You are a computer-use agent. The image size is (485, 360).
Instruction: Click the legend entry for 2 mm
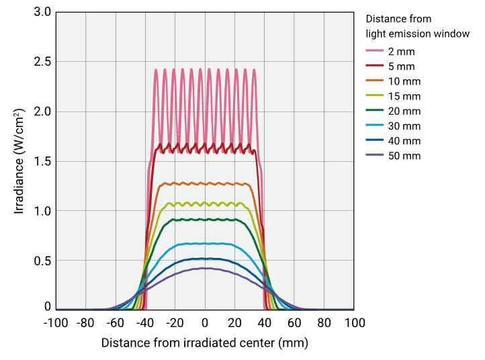tap(400, 52)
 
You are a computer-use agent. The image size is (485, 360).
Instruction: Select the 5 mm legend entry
tap(400, 66)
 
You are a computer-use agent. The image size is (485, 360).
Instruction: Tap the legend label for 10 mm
tap(403, 81)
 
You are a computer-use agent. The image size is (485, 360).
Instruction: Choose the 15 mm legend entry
tap(403, 96)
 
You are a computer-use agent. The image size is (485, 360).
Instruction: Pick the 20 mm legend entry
tap(403, 111)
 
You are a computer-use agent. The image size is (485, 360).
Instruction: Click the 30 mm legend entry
tap(403, 126)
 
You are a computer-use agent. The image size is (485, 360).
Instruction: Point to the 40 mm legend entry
tap(403, 141)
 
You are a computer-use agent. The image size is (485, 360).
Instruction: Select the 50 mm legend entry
tap(403, 156)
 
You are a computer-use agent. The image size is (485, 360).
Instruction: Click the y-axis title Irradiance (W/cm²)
tap(19, 161)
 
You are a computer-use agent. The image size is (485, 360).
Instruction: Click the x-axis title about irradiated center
tap(205, 343)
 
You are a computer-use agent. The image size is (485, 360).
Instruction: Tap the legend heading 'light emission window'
tap(417, 33)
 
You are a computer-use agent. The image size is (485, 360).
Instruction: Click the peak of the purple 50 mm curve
tap(206, 268)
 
